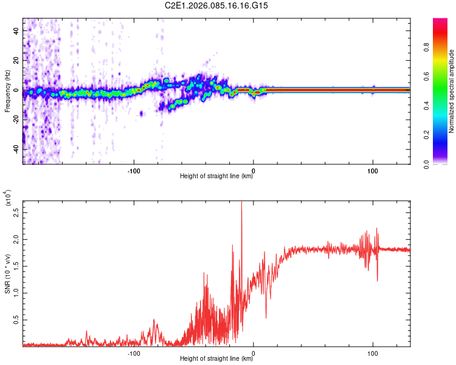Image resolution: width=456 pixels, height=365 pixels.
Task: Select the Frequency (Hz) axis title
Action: pos(7,91)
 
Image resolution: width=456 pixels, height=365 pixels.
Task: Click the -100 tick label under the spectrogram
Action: pos(134,170)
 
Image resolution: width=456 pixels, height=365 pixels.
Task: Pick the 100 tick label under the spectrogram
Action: pos(372,170)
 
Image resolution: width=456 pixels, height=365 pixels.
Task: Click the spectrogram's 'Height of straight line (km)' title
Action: pos(216,177)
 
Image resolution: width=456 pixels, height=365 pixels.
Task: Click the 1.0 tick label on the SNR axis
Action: pos(17,293)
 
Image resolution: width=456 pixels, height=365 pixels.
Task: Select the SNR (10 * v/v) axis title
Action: pos(7,273)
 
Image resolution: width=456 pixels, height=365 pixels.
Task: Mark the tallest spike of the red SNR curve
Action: pos(241,203)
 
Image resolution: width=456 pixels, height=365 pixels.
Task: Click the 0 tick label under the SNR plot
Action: pos(254,353)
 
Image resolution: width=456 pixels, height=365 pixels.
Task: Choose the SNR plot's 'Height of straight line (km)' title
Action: pos(216,360)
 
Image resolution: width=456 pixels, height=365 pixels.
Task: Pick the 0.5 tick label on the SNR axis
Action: pos(17,319)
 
